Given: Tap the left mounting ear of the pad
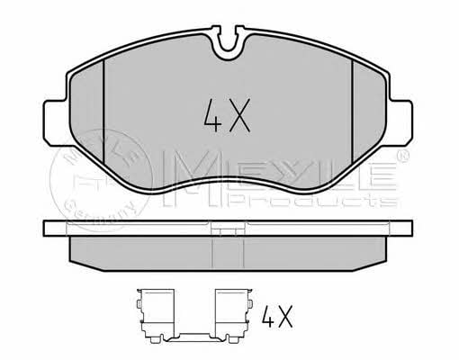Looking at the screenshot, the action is click(x=56, y=122).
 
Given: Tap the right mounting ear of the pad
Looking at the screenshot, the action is click(x=400, y=122).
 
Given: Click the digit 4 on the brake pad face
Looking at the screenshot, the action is click(x=212, y=116).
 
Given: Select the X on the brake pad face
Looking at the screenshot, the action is click(x=239, y=116).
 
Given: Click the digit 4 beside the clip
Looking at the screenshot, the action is click(x=268, y=317).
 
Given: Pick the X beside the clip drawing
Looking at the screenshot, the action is click(x=285, y=317).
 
